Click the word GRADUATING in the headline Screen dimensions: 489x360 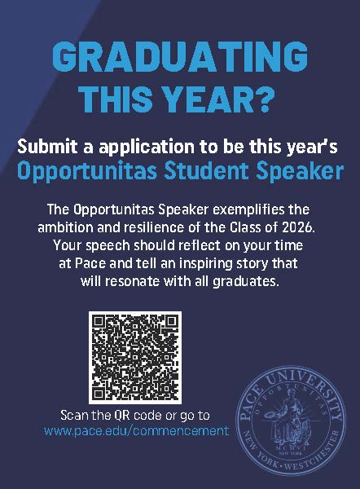pos(180,58)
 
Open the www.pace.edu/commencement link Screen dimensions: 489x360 pos(137,430)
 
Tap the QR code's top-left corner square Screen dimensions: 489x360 pos(101,324)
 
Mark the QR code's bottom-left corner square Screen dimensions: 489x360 pos(101,385)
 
